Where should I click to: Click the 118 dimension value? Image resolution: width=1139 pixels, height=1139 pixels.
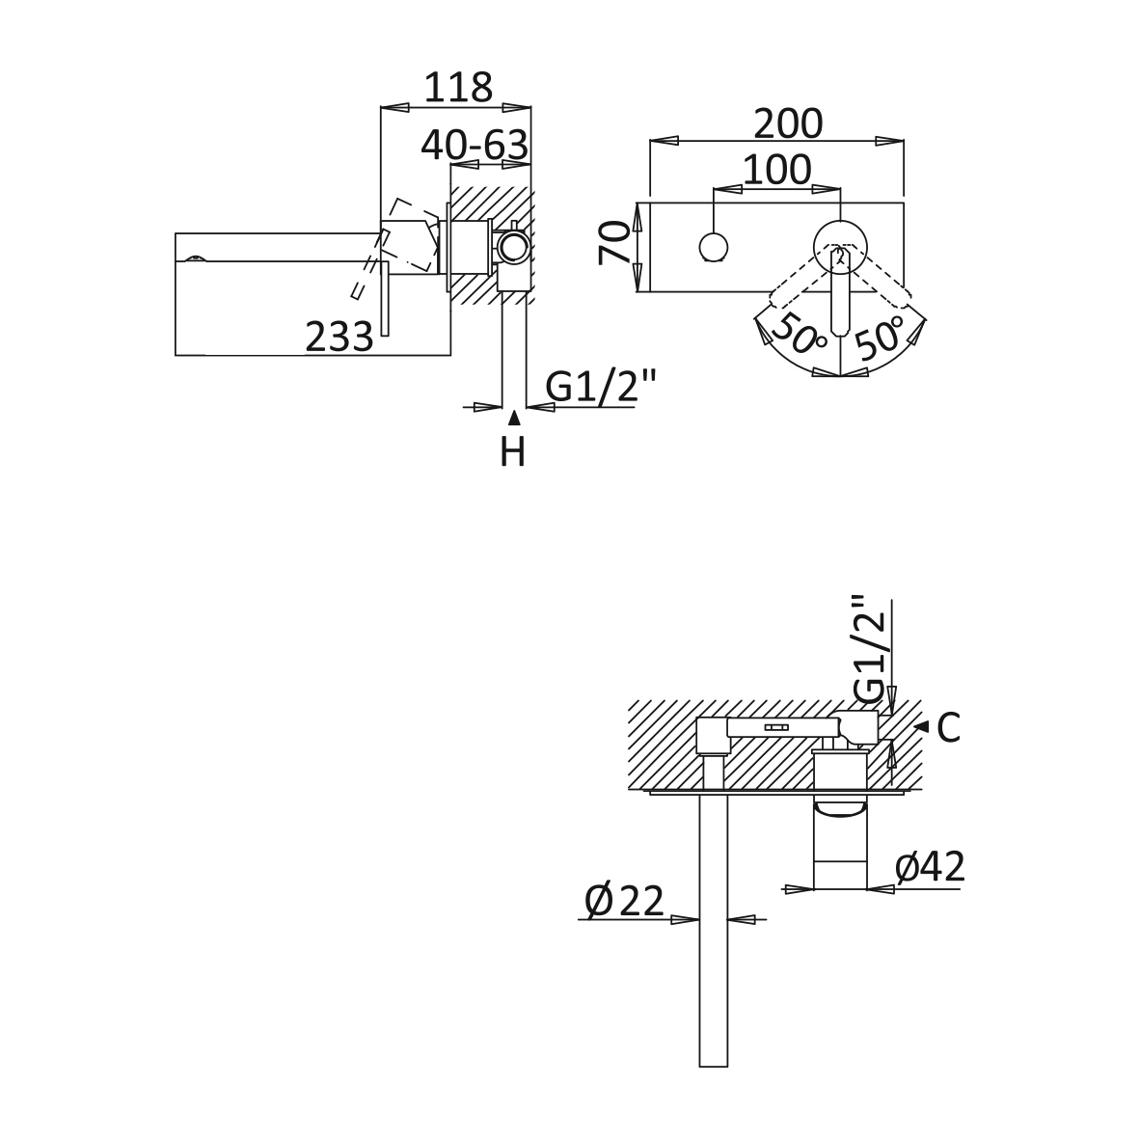(x=458, y=88)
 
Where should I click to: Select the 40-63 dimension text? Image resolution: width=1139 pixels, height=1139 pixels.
(x=474, y=146)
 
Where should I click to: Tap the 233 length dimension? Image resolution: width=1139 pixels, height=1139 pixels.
(x=339, y=337)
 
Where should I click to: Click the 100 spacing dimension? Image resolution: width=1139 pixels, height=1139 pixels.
(x=777, y=170)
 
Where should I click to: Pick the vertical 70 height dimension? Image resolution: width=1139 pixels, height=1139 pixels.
(x=613, y=242)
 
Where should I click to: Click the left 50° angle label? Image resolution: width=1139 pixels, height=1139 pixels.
(x=798, y=334)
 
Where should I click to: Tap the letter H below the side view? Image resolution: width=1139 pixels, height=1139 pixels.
(x=513, y=452)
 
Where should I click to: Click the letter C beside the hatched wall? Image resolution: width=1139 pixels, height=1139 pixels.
(x=948, y=728)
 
